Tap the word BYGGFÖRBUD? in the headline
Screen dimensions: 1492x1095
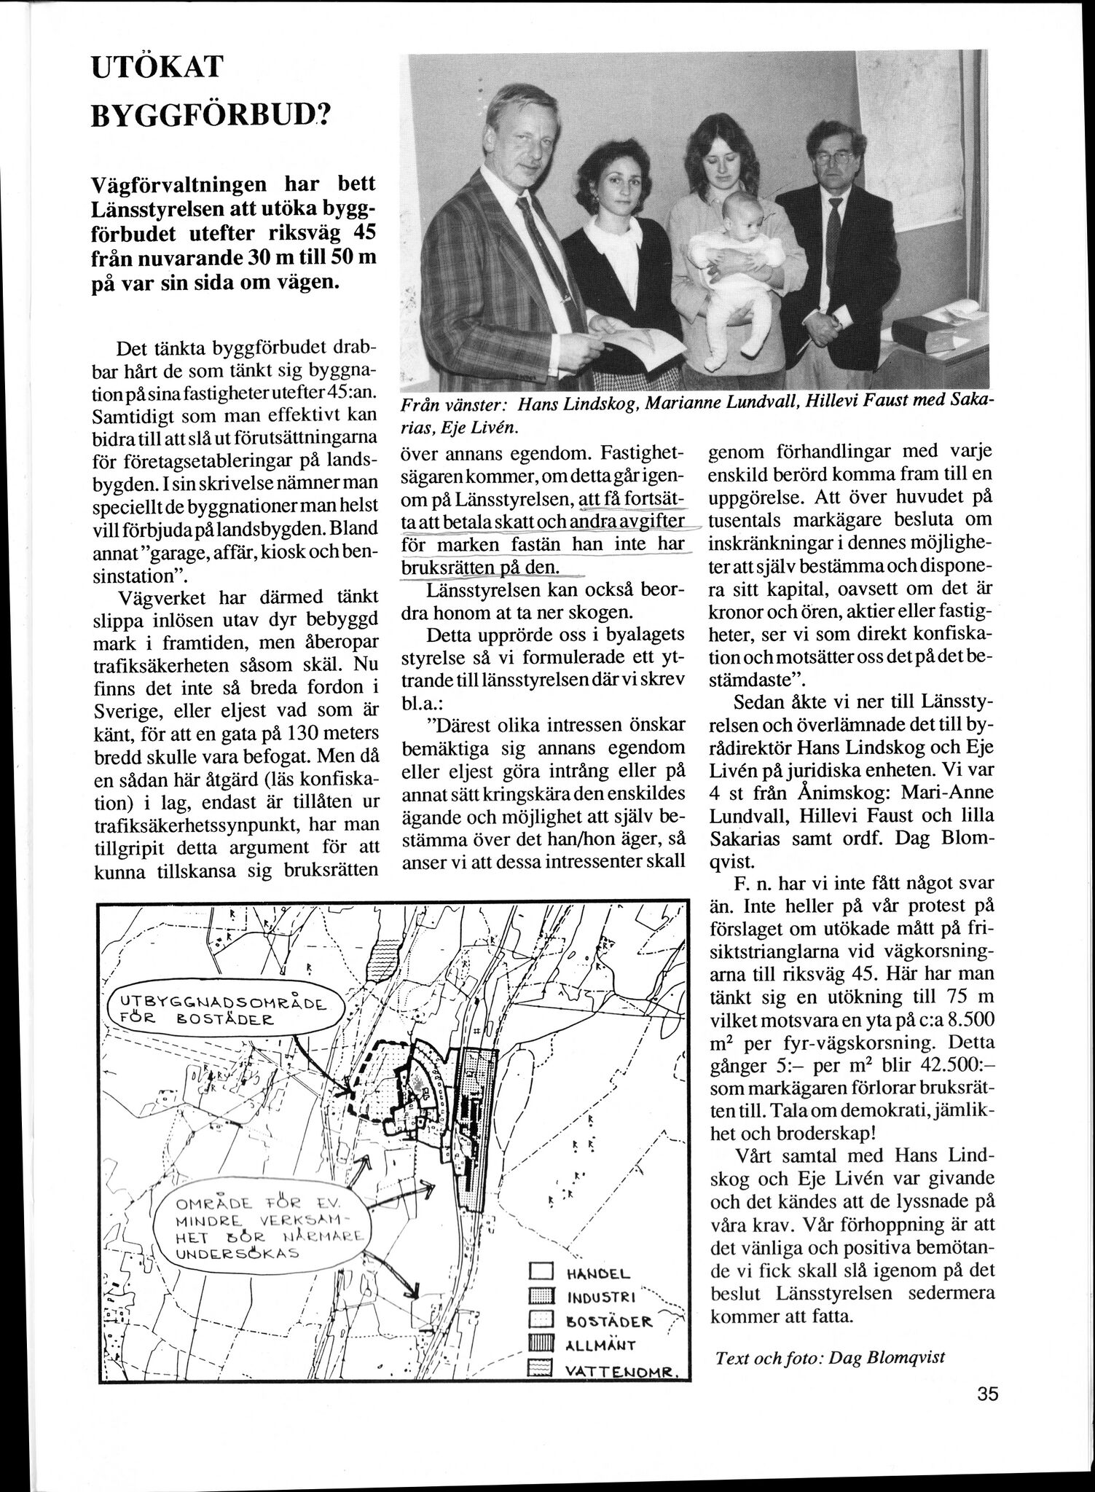click(211, 117)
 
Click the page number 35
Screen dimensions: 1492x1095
click(987, 1394)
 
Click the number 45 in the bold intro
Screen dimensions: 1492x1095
click(357, 235)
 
